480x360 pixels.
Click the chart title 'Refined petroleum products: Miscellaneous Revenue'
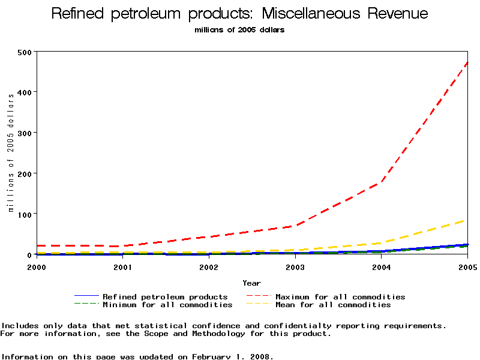point(239,14)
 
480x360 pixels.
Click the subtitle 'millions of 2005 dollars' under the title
point(239,30)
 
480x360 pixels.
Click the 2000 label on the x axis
point(36,266)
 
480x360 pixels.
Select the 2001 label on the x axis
point(122,266)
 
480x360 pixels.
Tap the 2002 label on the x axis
point(209,266)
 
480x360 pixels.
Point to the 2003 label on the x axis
point(295,266)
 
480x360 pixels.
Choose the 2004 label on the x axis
point(382,266)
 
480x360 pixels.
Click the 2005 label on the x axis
point(467,266)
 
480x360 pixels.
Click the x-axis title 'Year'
point(251,283)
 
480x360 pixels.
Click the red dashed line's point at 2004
point(382,182)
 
